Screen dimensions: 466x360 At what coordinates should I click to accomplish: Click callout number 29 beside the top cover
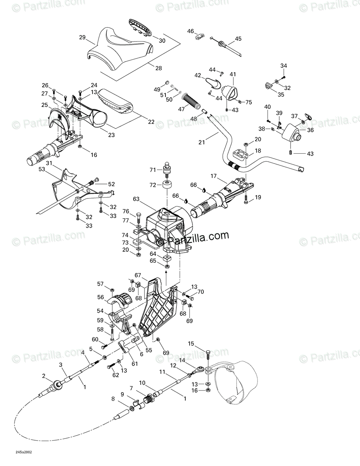tap(82, 38)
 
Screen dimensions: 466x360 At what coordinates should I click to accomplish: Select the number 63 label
tap(136, 199)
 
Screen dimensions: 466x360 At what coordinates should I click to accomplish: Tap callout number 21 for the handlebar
tap(202, 142)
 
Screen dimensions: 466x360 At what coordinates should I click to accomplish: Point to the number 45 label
tap(238, 39)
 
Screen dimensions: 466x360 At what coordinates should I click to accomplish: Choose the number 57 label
tap(100, 284)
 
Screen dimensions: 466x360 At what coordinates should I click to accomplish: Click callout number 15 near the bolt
tap(191, 344)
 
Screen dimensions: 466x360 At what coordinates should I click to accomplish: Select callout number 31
tap(49, 163)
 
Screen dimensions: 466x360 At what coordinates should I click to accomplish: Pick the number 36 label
tap(310, 130)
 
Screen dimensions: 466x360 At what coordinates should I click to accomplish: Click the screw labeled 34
tap(285, 77)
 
